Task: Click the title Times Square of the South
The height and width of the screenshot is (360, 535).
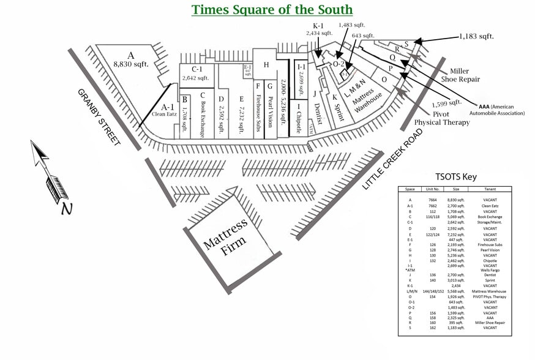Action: point(272,10)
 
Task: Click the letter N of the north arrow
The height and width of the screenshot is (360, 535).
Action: point(66,209)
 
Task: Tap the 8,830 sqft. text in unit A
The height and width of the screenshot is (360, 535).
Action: point(131,63)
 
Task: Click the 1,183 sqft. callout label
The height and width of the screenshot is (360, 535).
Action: point(476,37)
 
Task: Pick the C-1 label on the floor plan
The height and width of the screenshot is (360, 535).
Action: point(197,69)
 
